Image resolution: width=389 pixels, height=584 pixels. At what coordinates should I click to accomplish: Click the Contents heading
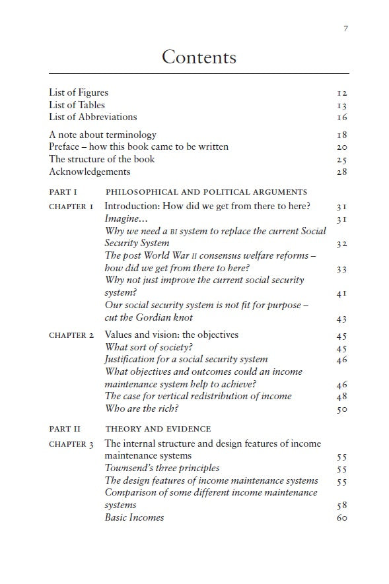[199, 57]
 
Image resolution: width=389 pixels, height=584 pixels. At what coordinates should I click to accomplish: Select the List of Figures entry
[79, 92]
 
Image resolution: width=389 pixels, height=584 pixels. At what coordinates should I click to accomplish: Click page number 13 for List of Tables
[341, 106]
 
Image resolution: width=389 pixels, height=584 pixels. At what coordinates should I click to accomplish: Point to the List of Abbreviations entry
[93, 117]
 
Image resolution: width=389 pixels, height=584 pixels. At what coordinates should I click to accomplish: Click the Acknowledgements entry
[90, 172]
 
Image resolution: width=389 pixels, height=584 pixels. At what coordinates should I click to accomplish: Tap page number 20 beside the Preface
[341, 147]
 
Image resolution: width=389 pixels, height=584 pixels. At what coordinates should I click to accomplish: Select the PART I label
[63, 192]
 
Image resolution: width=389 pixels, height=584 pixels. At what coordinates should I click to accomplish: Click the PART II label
[65, 429]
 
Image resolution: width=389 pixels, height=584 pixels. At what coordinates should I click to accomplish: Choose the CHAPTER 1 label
[71, 207]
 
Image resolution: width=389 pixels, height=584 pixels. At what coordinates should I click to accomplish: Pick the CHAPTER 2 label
[71, 335]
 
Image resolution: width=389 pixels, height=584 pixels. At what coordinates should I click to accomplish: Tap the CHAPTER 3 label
[71, 444]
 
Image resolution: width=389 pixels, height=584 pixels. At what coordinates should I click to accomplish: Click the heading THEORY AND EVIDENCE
[159, 429]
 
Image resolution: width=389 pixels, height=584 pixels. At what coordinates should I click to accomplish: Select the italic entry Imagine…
[126, 218]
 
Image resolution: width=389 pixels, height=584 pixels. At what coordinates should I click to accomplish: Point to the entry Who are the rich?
[143, 408]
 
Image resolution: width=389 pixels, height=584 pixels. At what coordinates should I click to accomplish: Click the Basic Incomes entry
[134, 517]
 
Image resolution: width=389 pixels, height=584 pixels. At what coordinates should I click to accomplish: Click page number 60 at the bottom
[341, 518]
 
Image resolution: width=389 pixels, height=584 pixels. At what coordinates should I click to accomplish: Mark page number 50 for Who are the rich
[341, 409]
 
